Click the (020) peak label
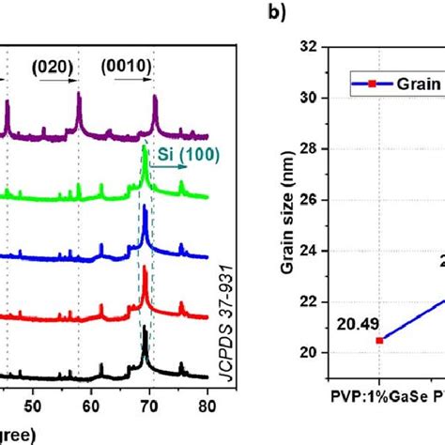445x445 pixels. [x=54, y=68]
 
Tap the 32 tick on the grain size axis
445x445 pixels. [x=319, y=47]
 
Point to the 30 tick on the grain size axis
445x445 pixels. [x=319, y=98]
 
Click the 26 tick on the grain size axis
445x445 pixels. [x=319, y=200]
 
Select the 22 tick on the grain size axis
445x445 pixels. [x=319, y=301]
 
